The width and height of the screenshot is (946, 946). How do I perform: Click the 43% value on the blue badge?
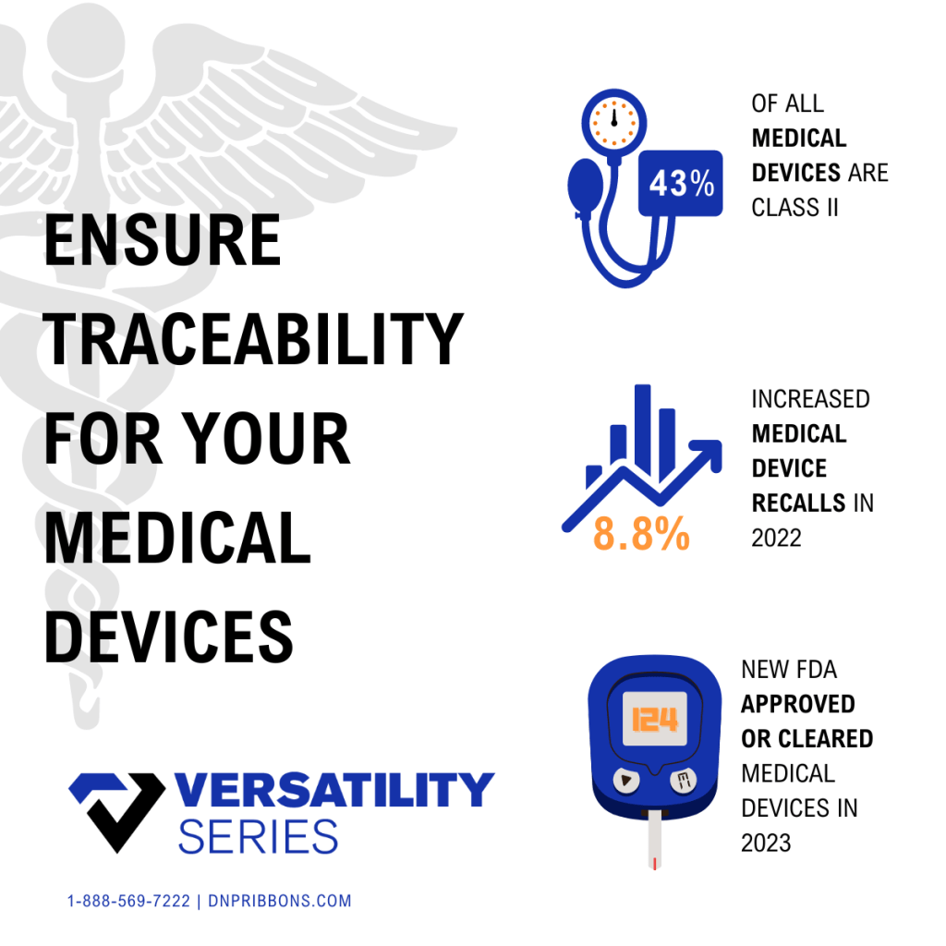tap(681, 184)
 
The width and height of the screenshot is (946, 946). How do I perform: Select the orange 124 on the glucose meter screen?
tap(655, 720)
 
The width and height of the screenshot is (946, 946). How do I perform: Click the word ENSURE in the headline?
tap(163, 240)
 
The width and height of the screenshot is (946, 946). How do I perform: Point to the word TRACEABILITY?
tap(253, 339)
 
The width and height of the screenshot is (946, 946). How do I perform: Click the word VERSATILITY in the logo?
tap(334, 790)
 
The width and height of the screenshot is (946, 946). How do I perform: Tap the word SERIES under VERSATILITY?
tap(259, 837)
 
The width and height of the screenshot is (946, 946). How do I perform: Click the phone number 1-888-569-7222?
tap(128, 902)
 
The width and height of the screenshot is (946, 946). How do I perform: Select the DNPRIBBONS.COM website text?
tap(279, 902)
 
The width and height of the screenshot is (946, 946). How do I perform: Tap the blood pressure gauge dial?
tap(614, 123)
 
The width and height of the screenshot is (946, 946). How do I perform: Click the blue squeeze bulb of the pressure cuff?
tap(585, 185)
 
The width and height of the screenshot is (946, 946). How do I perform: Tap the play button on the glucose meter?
tap(626, 781)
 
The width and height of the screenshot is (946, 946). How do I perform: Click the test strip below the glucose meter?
tap(655, 841)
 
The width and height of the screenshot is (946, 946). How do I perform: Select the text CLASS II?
tap(794, 208)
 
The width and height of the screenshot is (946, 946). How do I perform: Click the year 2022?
tap(776, 539)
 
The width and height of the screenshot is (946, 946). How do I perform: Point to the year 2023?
tap(766, 843)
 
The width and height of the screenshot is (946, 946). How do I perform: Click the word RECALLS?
tap(799, 503)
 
